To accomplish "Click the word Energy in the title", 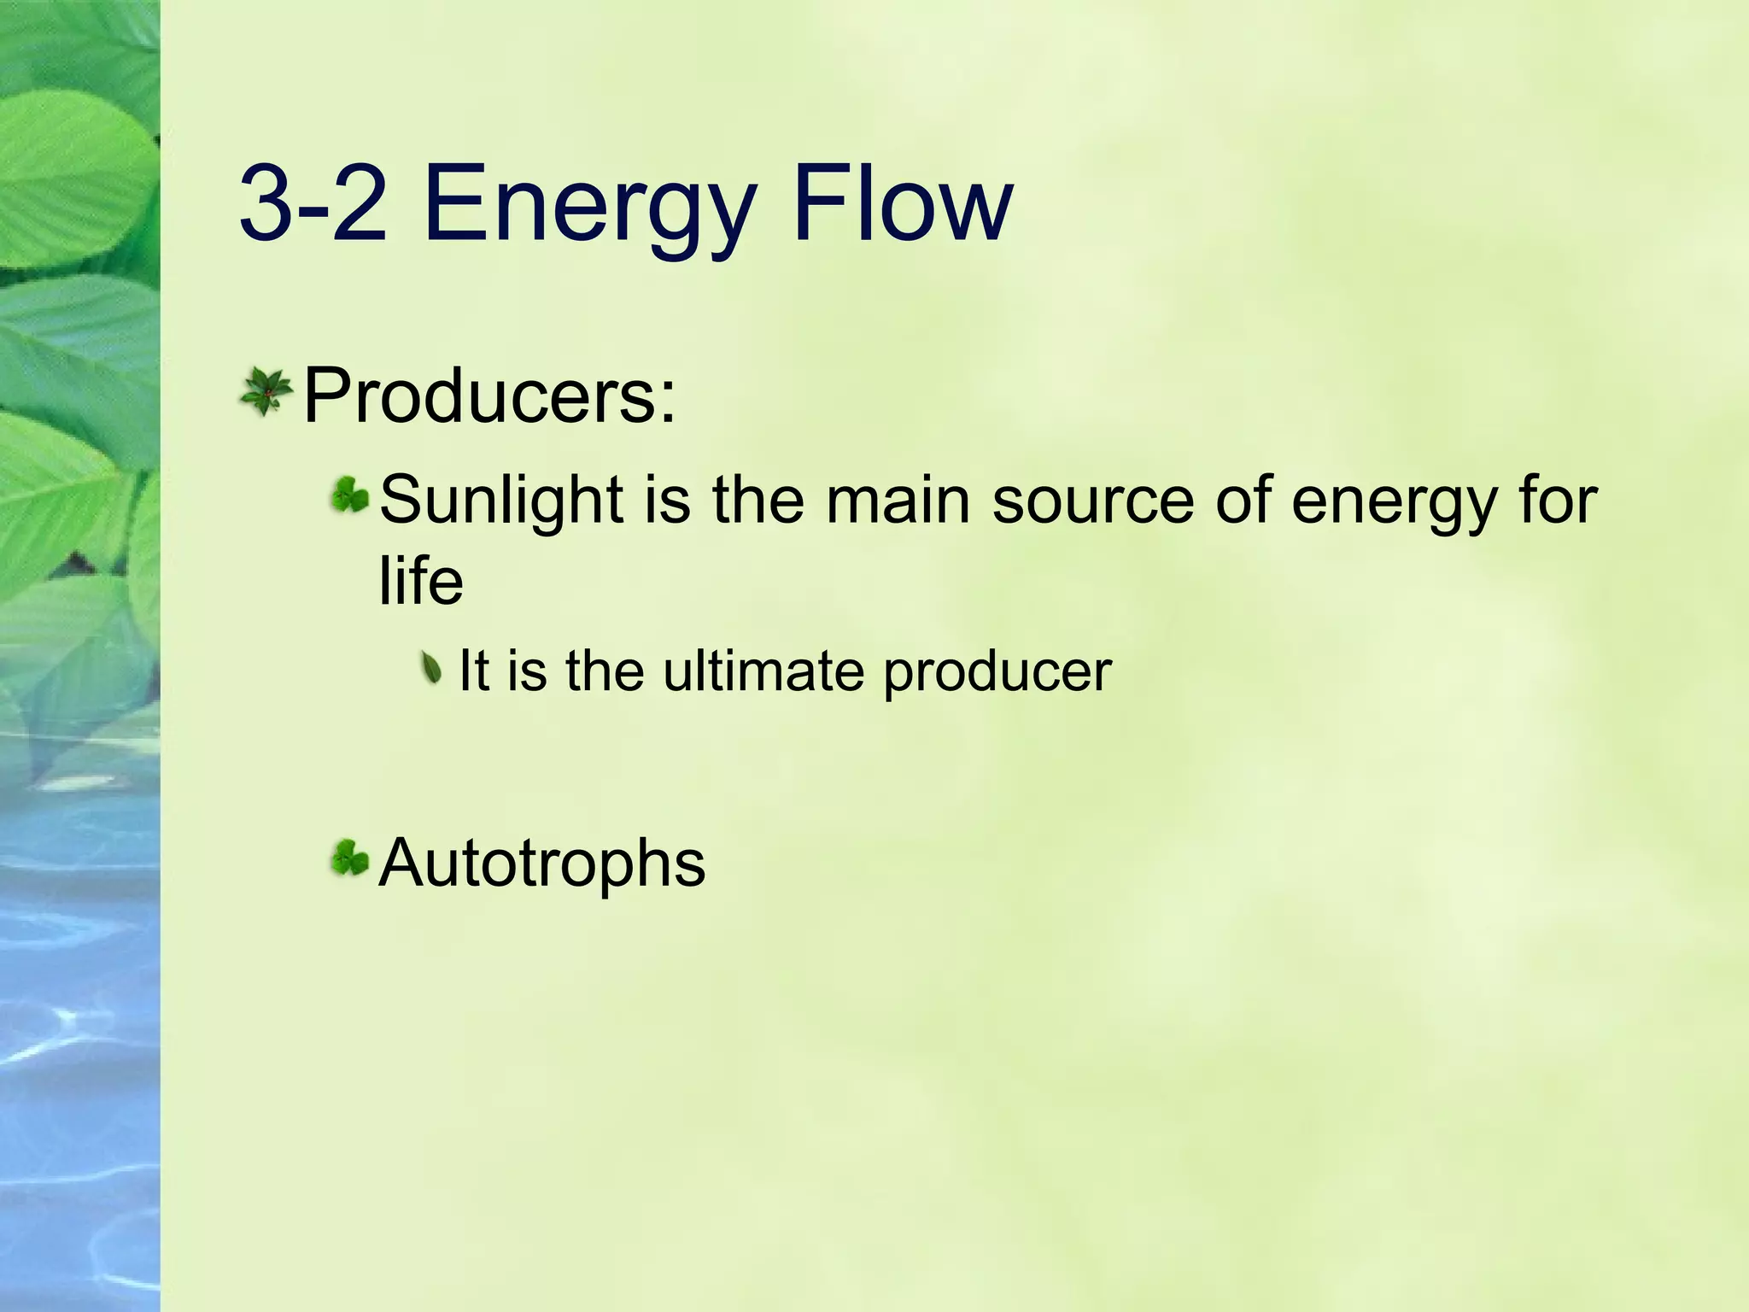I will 588,208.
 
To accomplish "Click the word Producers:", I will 489,395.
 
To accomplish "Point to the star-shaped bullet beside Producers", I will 266,392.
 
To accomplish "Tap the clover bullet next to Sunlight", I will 350,495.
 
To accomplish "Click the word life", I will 420,581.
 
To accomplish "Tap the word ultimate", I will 763,671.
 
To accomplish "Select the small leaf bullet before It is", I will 434,667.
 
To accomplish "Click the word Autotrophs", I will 541,864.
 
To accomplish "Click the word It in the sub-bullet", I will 474,671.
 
